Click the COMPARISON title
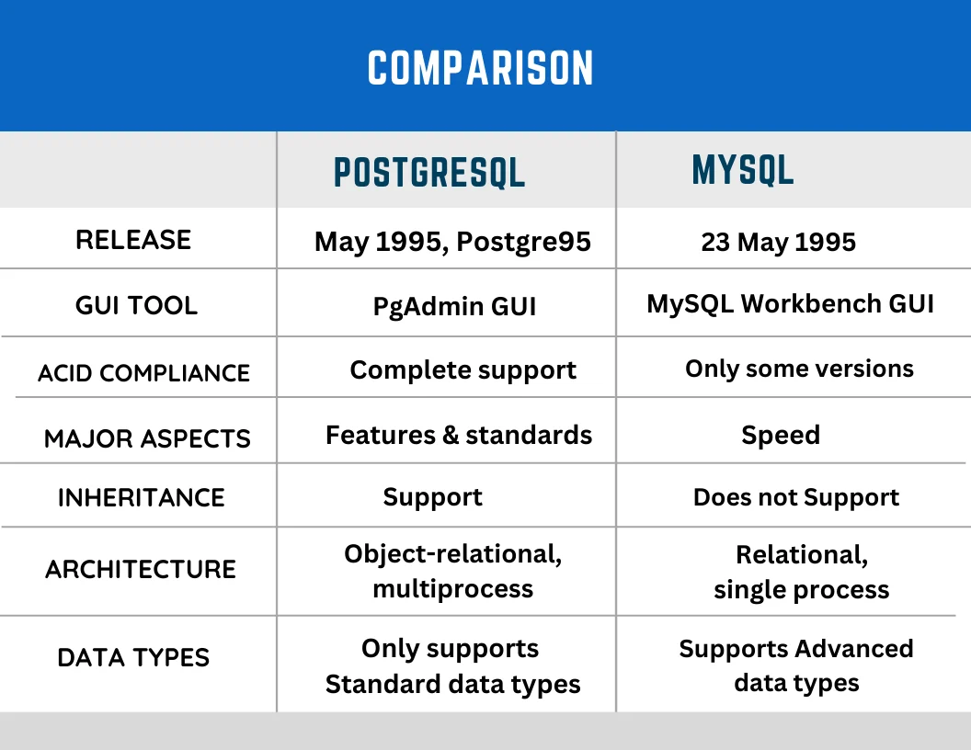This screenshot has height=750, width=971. (x=481, y=69)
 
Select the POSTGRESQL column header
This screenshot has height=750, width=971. (x=428, y=172)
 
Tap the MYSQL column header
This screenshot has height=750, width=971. (x=742, y=170)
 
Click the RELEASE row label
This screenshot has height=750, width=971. (x=133, y=240)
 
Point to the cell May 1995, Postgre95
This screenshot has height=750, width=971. (x=452, y=242)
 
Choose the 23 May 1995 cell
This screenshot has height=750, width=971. (x=778, y=242)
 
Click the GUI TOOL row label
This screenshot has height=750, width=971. (x=136, y=305)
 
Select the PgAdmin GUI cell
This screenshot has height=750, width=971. (x=454, y=306)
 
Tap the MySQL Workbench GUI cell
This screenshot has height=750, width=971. (x=790, y=303)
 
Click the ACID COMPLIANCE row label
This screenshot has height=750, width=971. (x=143, y=373)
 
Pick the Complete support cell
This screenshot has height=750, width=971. (x=463, y=370)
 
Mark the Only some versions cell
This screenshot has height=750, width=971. (x=799, y=369)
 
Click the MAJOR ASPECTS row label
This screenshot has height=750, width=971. (x=147, y=438)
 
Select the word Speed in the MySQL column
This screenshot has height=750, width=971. (x=780, y=435)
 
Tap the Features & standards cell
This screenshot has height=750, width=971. (x=459, y=435)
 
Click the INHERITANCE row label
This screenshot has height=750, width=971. (x=141, y=497)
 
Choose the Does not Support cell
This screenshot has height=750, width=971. (x=796, y=497)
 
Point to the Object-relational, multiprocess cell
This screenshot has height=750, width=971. (x=452, y=571)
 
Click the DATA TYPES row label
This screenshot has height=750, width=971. (x=133, y=657)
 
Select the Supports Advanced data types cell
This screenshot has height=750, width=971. (x=796, y=665)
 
